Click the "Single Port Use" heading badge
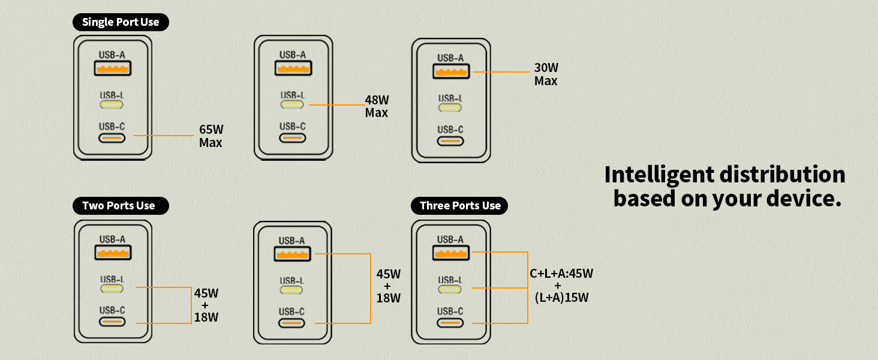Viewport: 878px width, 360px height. click(121, 22)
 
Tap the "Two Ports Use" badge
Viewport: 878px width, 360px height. click(121, 205)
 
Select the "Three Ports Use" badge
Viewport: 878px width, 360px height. click(459, 205)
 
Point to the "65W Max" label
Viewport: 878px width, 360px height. click(211, 136)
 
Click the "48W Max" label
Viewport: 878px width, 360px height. click(377, 106)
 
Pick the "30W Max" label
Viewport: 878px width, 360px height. click(546, 74)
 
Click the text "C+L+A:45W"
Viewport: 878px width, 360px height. click(561, 274)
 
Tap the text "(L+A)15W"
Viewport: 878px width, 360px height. click(562, 297)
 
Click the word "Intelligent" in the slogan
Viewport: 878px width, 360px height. click(659, 175)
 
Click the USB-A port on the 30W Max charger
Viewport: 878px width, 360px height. click(451, 71)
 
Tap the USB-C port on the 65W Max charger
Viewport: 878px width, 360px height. click(112, 138)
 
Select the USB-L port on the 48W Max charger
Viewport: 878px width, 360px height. click(292, 104)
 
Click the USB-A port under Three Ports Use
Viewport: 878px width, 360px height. click(451, 253)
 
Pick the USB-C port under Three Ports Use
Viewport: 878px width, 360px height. click(450, 323)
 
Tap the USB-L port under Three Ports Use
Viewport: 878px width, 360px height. click(450, 289)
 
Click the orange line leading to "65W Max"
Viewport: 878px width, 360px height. click(164, 136)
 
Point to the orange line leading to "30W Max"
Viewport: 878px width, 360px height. click(501, 72)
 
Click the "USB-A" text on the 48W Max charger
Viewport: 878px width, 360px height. click(293, 55)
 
